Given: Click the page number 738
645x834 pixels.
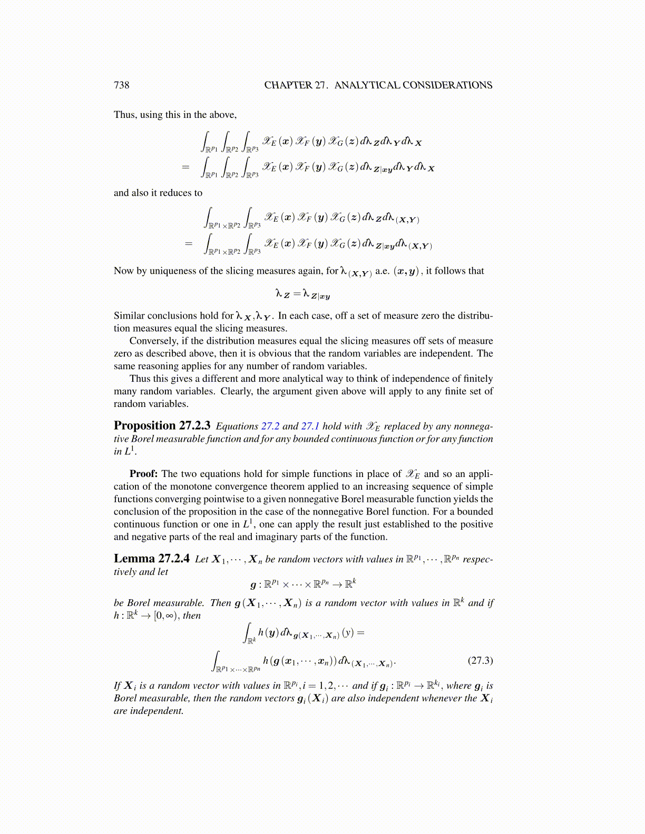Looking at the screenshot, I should [x=121, y=85].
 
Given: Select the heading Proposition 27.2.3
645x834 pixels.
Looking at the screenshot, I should [x=162, y=425].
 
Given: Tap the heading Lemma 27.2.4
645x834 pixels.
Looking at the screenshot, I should [x=151, y=559].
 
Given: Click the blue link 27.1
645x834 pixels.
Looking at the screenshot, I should [x=310, y=426].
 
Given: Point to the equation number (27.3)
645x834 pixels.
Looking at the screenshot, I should [x=480, y=660].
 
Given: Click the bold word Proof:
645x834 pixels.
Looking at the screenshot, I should [x=144, y=474].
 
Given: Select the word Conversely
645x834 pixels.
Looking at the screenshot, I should [x=153, y=341].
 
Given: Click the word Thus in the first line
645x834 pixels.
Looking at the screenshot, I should [x=124, y=115].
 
